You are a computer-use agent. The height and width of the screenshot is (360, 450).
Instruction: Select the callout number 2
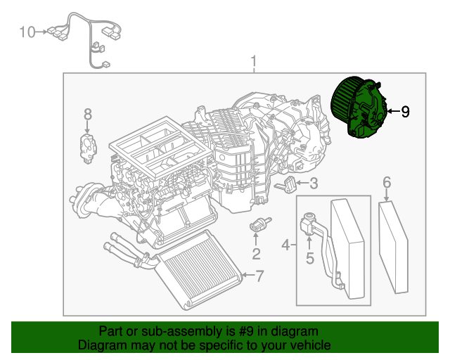(257, 254)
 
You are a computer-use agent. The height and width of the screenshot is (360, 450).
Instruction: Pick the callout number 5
(309, 258)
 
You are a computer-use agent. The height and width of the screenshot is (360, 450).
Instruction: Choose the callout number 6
(387, 183)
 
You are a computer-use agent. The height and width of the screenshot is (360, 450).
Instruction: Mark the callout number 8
(88, 113)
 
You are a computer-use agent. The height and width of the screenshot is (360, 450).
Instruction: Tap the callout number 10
(27, 32)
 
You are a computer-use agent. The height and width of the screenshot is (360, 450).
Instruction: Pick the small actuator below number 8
(87, 148)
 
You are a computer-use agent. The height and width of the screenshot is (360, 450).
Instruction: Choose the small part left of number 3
(288, 186)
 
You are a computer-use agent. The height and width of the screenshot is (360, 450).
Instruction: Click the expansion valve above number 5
(309, 222)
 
